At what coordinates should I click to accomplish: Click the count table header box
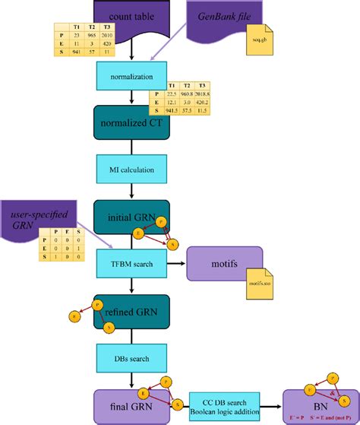tap(133, 15)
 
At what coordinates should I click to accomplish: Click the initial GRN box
tap(131, 217)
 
